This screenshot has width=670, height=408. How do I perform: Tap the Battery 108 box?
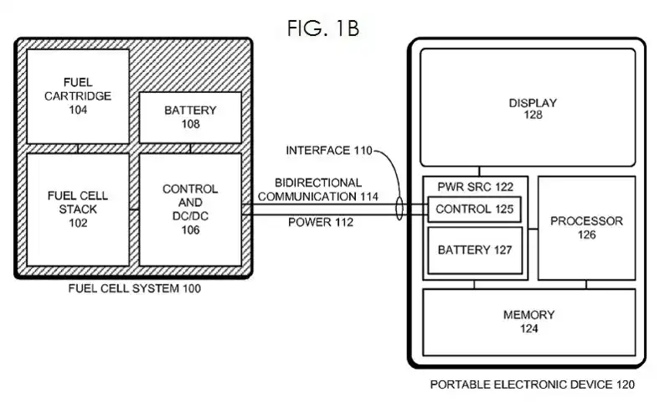(190, 116)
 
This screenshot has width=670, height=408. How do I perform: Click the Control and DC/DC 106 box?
(190, 209)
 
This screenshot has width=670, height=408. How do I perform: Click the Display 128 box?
(533, 108)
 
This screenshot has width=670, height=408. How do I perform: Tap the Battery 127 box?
(475, 250)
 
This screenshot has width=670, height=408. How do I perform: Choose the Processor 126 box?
(586, 228)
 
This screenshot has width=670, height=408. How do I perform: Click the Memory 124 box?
(528, 322)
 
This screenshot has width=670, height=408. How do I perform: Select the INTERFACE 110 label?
(327, 151)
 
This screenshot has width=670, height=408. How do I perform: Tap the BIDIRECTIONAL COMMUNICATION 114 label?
(318, 189)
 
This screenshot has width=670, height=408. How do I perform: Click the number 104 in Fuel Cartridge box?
(78, 110)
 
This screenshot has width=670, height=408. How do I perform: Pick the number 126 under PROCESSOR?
(586, 235)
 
